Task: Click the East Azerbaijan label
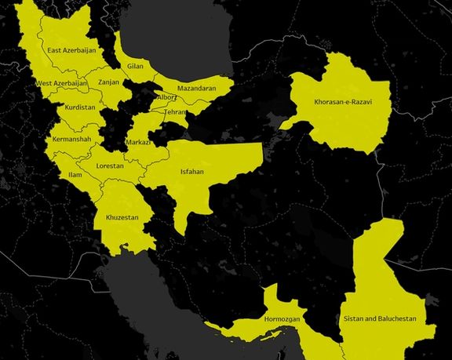click(71, 51)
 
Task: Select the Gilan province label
click(136, 67)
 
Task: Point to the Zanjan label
click(108, 82)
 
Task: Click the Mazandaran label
click(196, 89)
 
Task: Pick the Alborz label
click(167, 97)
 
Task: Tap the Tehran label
click(175, 112)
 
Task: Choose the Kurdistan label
click(81, 107)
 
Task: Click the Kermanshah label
click(71, 140)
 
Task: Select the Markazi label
click(138, 143)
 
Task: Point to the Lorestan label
click(109, 166)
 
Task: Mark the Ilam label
click(75, 174)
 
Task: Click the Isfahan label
click(193, 169)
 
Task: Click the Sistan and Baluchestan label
click(380, 320)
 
